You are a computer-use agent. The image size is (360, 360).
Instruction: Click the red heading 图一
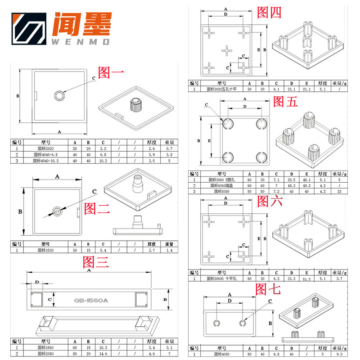[x=111, y=72]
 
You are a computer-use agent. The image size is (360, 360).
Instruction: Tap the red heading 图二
[x=96, y=208]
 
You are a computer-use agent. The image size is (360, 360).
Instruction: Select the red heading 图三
[x=96, y=262]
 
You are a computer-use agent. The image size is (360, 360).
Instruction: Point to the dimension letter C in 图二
[x=94, y=192]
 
